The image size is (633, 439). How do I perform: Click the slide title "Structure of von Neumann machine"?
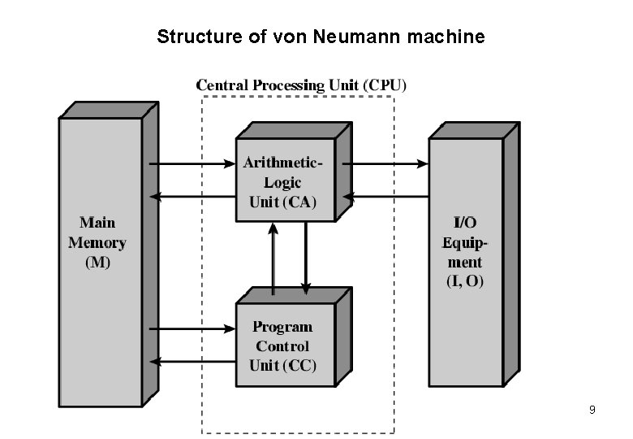[321, 37]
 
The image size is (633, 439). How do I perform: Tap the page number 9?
[592, 410]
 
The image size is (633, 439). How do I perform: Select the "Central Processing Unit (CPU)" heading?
[303, 85]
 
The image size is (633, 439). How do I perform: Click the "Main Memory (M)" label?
[97, 242]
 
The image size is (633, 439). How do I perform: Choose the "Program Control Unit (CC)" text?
[282, 346]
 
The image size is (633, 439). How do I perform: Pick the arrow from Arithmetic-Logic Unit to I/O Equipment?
[385, 163]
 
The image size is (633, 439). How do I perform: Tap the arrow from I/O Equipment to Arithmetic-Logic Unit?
[385, 196]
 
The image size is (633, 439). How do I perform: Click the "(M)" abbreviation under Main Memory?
[97, 263]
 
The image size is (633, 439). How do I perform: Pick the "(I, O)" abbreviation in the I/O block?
[464, 281]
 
